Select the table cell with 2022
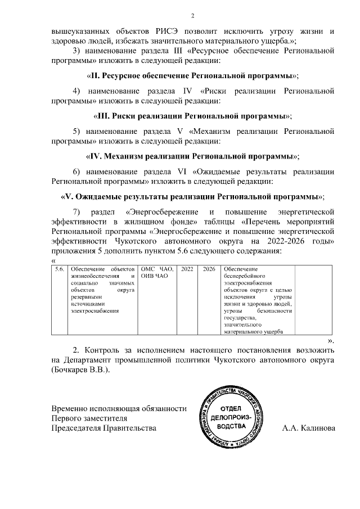point(187,269)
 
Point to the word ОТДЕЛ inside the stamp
point(230,408)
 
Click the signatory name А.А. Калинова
point(308,428)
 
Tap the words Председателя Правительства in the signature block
point(103,428)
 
